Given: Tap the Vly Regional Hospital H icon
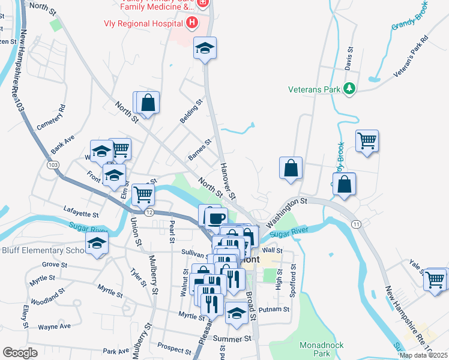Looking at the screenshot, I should coord(192,23).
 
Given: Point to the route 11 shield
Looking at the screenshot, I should coord(357,224).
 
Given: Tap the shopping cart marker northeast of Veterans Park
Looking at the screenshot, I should coord(367,142).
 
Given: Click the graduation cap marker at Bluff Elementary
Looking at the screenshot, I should coord(96,244).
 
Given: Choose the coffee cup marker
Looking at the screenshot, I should coord(216,217).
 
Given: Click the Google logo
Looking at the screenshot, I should coord(20,353).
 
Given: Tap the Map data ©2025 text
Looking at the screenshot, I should coord(423,355).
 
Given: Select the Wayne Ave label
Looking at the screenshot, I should coord(54,326).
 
